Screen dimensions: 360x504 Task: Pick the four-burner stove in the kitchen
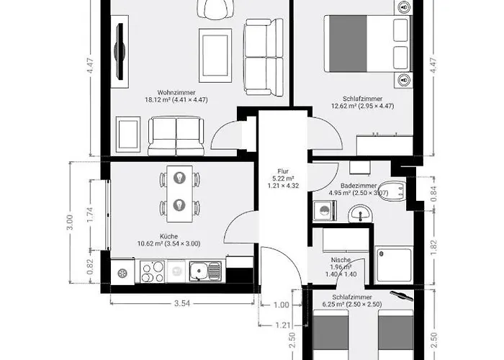tap(153, 271)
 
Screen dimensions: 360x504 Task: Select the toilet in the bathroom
tap(392, 190)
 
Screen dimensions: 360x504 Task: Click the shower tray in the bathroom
tap(393, 265)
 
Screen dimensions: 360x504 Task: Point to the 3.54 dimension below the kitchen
tap(182, 303)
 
